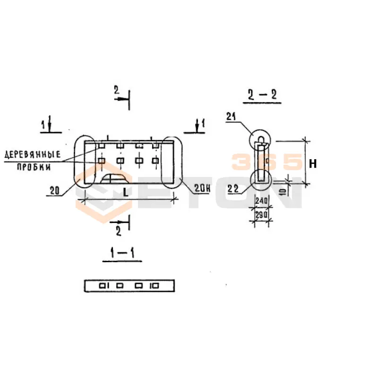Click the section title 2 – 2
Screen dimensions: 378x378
point(262,94)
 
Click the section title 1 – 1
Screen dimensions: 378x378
point(122,253)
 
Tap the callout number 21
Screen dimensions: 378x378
point(231,117)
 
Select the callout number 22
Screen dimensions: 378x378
point(233,189)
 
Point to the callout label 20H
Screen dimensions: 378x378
point(202,188)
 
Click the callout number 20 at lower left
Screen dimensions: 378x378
point(54,190)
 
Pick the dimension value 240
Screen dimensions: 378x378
point(261,200)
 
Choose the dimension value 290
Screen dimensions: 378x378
point(261,215)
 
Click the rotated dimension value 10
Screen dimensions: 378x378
point(283,191)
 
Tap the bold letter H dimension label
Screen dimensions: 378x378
point(313,164)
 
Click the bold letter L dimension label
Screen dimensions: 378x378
point(126,192)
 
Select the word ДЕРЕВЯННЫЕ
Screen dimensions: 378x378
point(33,155)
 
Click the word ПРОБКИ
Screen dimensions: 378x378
point(34,167)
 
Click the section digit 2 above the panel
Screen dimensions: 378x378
point(117,90)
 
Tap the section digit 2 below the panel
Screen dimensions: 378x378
point(119,232)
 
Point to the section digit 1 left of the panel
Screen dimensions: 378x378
point(43,125)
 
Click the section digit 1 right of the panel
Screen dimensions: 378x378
point(203,124)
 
